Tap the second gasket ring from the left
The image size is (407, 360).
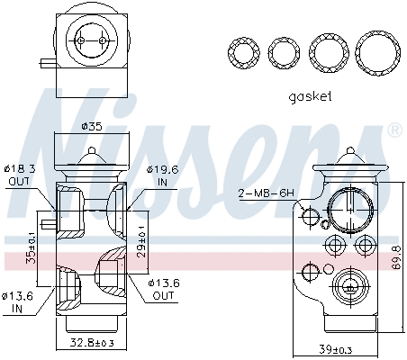click(285, 53)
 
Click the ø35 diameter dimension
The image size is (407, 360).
click(91, 126)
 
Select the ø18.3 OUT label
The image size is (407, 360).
click(17, 174)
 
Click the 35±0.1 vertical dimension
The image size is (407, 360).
click(32, 242)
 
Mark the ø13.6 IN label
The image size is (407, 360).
click(17, 301)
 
